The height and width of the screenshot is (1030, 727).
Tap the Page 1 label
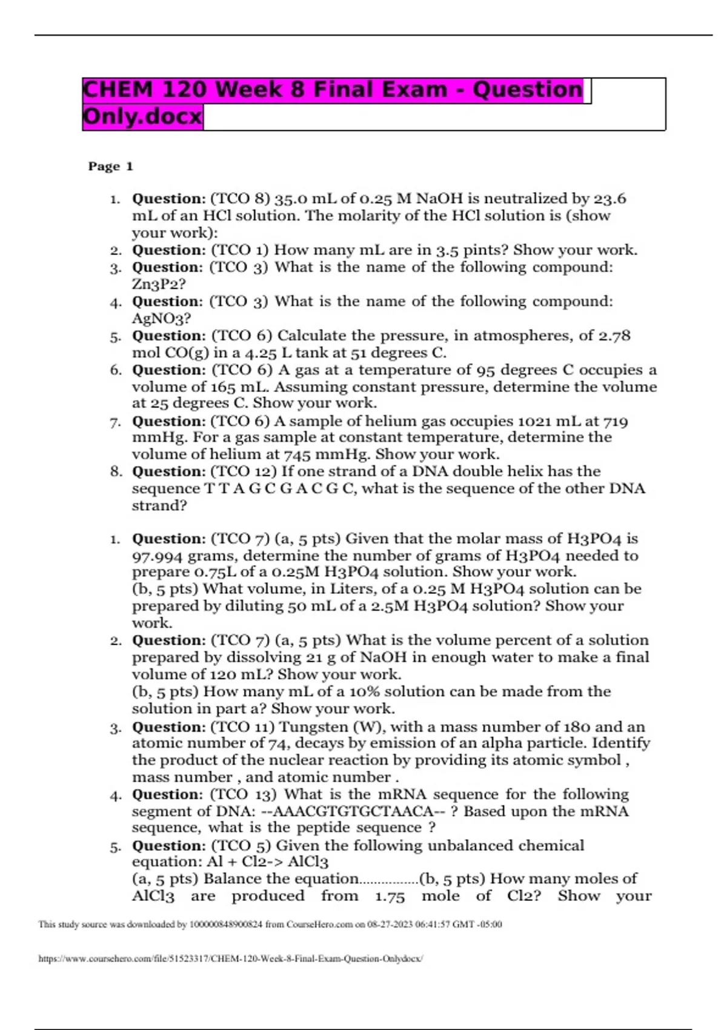pyautogui.click(x=110, y=167)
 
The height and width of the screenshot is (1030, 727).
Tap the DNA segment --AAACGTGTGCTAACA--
pyautogui.click(x=354, y=811)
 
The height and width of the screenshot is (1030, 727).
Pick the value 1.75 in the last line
pyautogui.click(x=390, y=896)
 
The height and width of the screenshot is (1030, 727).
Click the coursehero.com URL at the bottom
pyautogui.click(x=231, y=959)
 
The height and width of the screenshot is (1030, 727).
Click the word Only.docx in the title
pyautogui.click(x=142, y=116)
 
